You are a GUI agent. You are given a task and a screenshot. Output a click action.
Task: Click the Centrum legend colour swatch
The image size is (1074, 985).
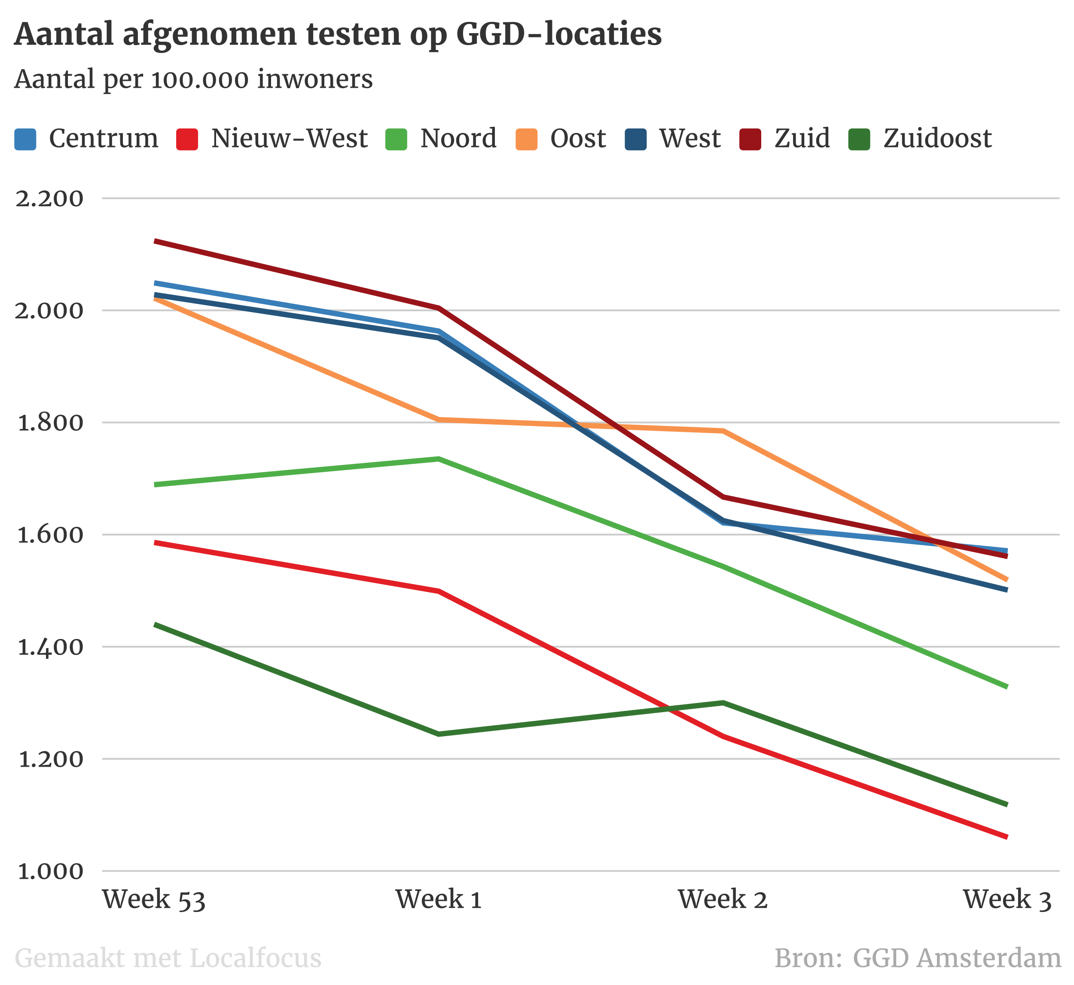[x=25, y=139]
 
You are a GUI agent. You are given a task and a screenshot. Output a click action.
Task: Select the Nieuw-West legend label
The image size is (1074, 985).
[x=289, y=138]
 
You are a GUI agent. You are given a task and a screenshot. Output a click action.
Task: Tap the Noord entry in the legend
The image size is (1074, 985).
[x=458, y=138]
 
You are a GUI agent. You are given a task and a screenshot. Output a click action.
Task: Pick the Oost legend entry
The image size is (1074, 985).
[x=578, y=138]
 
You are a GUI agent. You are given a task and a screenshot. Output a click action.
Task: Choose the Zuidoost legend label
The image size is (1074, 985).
[x=938, y=138]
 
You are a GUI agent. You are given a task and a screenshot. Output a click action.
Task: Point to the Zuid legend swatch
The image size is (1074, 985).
[x=750, y=139]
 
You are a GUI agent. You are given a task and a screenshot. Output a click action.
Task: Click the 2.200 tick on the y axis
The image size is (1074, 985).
[x=49, y=199]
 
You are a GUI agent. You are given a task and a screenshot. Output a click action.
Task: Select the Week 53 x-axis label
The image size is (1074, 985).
[x=154, y=900]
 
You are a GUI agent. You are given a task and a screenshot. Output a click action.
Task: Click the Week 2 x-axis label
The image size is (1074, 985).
[x=723, y=900]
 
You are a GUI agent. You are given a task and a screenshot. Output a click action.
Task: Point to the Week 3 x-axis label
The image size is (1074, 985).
[x=1007, y=900]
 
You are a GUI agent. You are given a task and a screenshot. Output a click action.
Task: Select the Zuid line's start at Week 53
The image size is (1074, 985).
[x=155, y=242]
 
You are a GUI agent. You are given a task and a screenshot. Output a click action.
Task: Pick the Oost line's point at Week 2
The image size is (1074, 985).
[x=723, y=431]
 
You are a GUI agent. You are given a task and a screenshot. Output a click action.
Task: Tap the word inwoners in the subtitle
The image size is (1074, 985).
[x=315, y=80]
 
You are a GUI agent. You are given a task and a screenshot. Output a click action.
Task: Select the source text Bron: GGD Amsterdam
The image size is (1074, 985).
[x=917, y=958]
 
